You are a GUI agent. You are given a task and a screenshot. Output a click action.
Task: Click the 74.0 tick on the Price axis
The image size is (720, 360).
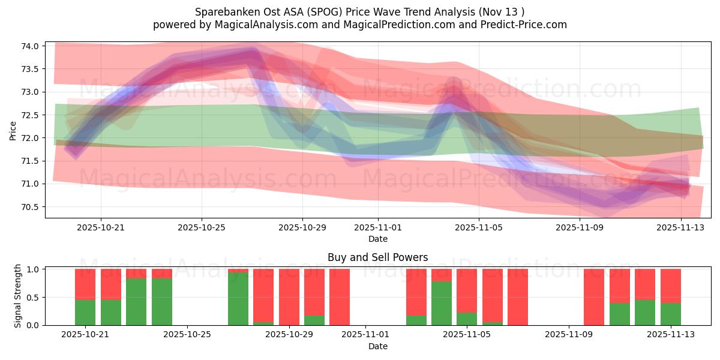30,46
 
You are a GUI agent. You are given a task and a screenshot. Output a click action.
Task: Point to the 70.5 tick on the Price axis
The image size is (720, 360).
30,207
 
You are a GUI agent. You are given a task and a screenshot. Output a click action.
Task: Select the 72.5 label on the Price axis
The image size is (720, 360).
30,115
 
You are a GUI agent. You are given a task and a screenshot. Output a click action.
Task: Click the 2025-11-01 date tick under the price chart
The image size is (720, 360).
378,228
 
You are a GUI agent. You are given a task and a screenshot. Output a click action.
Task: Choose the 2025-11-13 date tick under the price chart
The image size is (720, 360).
680,228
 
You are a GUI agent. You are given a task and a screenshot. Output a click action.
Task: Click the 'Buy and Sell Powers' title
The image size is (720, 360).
378,258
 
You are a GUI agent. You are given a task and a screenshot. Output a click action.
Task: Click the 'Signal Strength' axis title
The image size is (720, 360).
18,296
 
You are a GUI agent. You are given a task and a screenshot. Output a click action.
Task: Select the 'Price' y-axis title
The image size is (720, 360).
13,130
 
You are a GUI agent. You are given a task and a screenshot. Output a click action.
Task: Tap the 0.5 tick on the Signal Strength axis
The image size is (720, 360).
33,298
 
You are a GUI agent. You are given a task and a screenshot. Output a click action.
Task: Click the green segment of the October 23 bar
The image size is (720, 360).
136,302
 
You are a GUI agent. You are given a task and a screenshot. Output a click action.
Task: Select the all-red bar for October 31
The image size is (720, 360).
340,297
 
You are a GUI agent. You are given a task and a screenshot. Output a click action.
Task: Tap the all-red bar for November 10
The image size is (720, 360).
594,297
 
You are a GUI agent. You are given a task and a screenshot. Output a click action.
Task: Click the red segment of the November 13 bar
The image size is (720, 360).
670,286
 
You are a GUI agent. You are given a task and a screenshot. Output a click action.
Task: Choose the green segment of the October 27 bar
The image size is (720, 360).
238,299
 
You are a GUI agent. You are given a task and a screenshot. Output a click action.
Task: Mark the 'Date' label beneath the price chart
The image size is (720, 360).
378,239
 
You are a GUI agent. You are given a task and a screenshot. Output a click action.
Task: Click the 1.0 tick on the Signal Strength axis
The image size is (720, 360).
33,269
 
